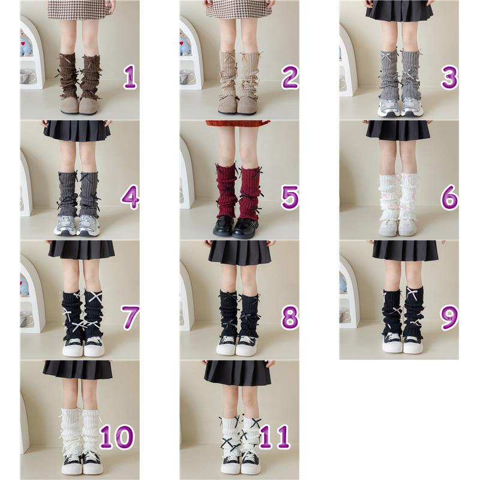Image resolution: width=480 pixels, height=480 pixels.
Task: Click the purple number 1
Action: click(130, 77)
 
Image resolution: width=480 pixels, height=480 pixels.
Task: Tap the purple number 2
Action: click(289, 77)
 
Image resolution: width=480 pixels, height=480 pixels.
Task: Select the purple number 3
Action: click(449, 77)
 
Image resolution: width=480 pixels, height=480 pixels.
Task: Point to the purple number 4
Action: click(130, 197)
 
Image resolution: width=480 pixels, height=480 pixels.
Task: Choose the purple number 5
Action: click(289, 197)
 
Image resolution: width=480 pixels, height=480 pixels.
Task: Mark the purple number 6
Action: click(449, 197)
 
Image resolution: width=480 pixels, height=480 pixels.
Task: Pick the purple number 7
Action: click(130, 317)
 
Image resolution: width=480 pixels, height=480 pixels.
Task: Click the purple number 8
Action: click(289, 317)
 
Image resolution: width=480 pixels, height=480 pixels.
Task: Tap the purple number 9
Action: click(449, 317)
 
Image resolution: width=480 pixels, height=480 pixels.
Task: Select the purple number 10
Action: click(117, 437)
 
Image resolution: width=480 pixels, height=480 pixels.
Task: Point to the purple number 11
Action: click(275, 437)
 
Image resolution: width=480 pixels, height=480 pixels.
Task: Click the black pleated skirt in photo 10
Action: click(78, 370)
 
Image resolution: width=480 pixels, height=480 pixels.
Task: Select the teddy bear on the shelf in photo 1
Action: click(26, 43)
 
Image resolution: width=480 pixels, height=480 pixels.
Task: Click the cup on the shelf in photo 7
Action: click(25, 319)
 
